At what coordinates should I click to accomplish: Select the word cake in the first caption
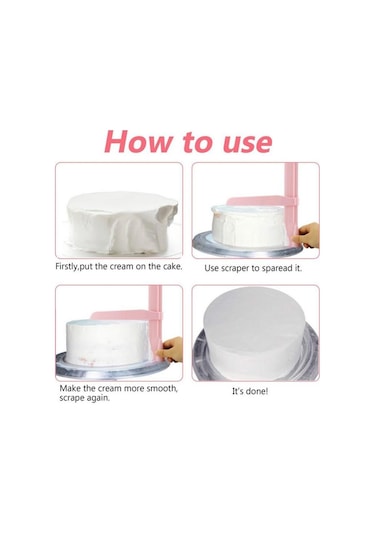(171, 266)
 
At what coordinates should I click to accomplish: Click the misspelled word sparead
(277, 269)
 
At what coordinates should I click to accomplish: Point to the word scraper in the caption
(235, 269)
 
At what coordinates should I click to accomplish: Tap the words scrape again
(84, 398)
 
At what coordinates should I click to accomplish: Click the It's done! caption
(250, 391)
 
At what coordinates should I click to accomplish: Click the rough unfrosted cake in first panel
(121, 222)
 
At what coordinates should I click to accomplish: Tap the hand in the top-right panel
(307, 235)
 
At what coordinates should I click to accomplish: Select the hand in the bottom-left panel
(171, 349)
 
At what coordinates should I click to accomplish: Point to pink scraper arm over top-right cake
(258, 201)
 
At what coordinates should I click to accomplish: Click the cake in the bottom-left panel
(108, 343)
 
